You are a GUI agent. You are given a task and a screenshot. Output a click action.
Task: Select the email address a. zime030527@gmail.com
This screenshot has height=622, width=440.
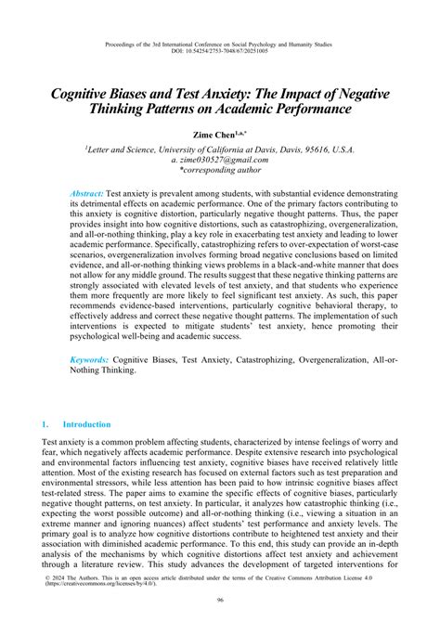point(220,159)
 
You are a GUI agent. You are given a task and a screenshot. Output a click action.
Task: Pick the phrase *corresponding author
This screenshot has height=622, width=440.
point(220,170)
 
